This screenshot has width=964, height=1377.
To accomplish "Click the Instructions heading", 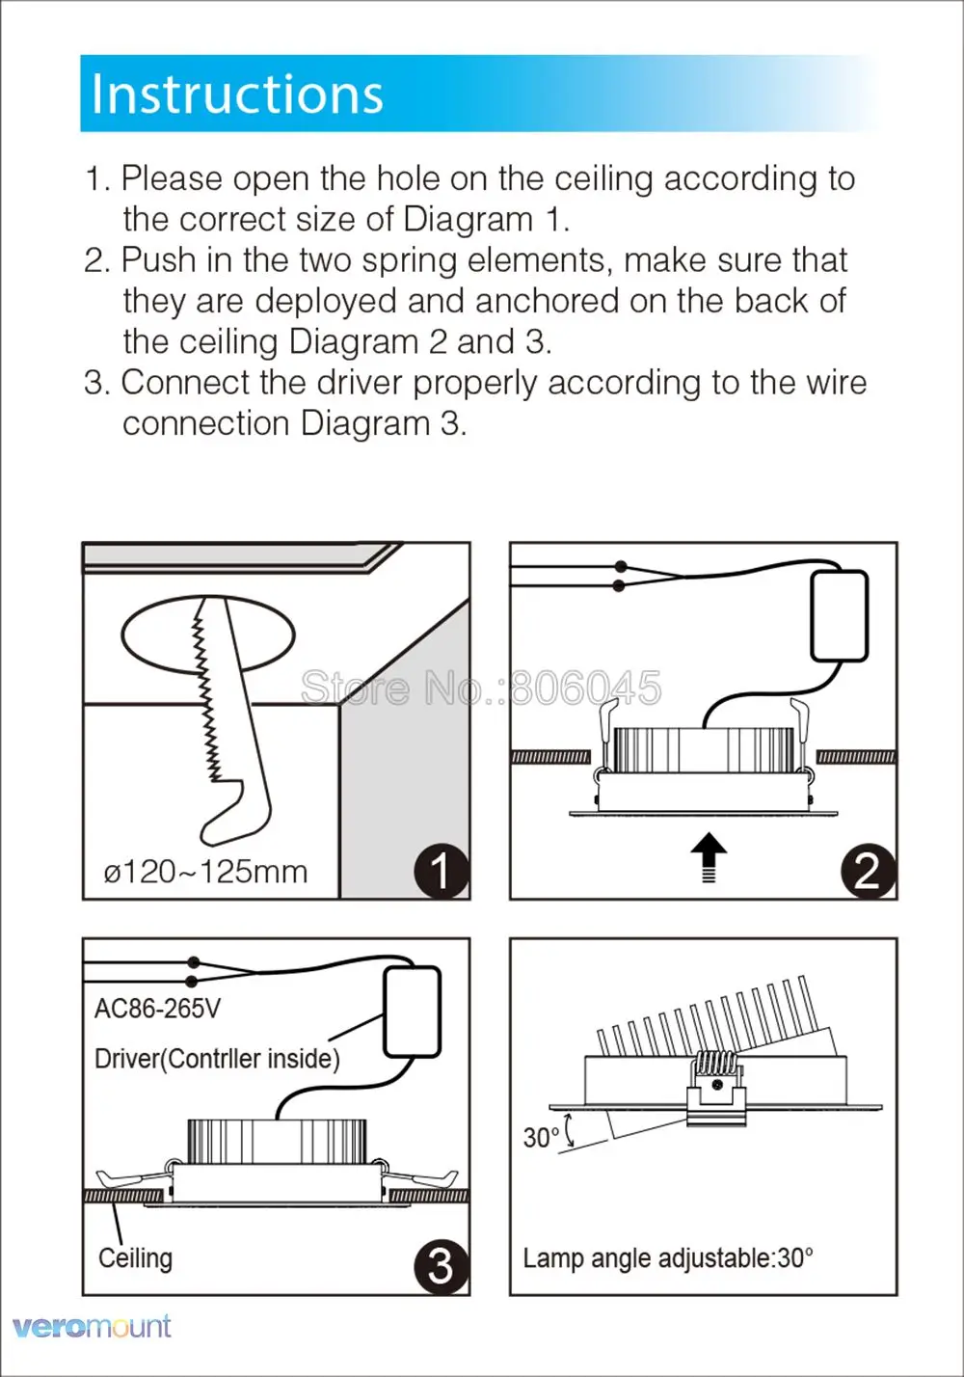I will click(x=237, y=94).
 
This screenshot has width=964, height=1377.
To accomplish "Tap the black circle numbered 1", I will click(x=442, y=871).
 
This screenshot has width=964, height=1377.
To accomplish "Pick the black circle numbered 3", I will click(x=442, y=1265).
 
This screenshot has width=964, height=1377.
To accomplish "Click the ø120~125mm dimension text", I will click(x=205, y=872).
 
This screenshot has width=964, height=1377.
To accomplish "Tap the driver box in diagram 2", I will click(x=839, y=615).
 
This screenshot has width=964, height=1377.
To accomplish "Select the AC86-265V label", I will click(x=157, y=1009).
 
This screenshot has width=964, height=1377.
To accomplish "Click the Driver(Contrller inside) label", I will click(x=217, y=1059).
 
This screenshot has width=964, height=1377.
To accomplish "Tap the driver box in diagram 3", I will click(x=413, y=1012).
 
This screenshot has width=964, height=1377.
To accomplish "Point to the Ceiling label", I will click(x=135, y=1257).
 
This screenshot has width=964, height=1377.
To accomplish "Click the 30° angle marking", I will click(x=541, y=1138).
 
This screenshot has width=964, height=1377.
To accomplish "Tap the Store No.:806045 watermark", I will click(x=481, y=688).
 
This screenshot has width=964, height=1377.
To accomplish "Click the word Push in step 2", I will click(x=156, y=260).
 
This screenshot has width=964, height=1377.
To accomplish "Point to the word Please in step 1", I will click(x=172, y=178).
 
